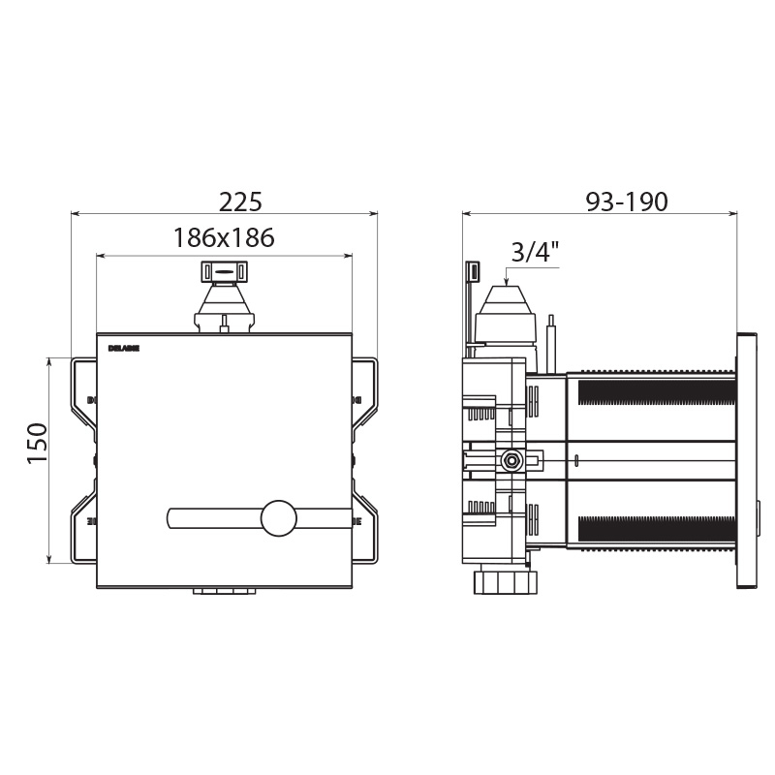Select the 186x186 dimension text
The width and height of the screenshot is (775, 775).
click(224, 237)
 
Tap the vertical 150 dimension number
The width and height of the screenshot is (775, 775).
click(37, 443)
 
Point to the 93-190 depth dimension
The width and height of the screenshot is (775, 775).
click(627, 201)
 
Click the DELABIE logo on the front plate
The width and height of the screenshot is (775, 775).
click(125, 347)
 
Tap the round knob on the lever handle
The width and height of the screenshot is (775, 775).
click(279, 518)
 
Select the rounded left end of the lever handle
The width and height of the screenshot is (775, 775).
click(173, 518)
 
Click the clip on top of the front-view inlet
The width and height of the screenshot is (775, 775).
click(224, 271)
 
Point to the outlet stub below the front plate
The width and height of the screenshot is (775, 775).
click(224, 590)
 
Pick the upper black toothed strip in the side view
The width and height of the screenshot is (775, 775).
click(656, 392)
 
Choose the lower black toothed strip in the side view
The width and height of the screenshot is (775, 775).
click(656, 528)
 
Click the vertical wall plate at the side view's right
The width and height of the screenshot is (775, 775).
click(747, 460)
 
